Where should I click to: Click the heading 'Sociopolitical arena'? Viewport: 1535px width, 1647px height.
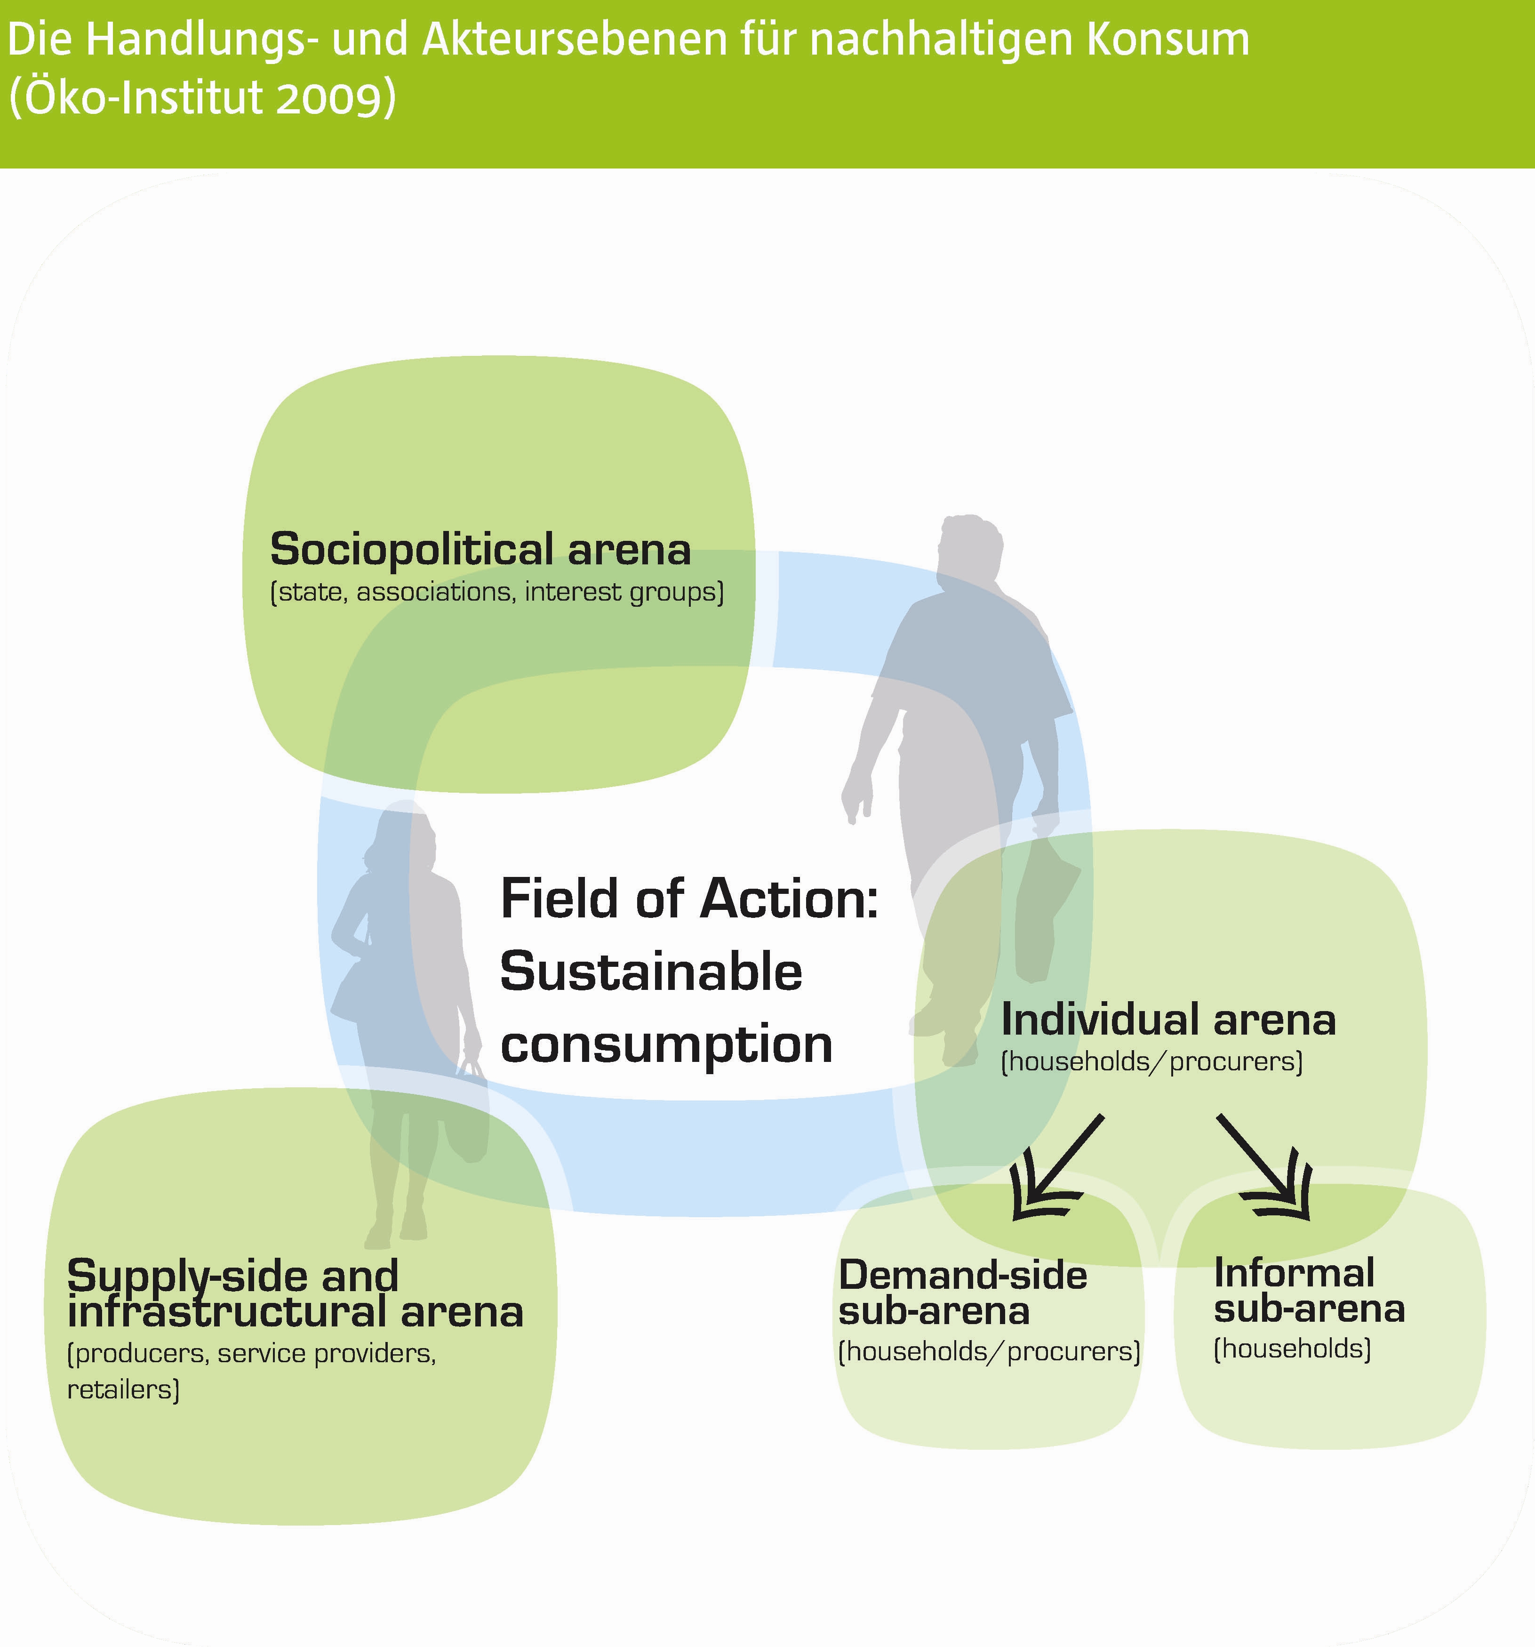point(480,549)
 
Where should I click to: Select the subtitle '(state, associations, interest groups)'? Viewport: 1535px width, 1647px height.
point(497,592)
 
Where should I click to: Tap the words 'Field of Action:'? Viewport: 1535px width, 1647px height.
point(689,899)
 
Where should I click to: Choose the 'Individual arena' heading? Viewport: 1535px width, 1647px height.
point(1168,1019)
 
